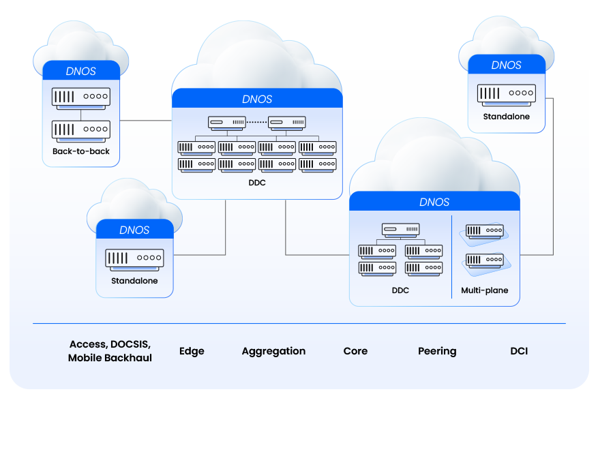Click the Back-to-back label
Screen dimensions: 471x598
(81, 151)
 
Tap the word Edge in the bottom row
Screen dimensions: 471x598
(192, 351)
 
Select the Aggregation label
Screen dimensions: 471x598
(273, 351)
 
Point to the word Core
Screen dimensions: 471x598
(355, 351)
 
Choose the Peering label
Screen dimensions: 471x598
(437, 351)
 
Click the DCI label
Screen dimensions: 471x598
(519, 351)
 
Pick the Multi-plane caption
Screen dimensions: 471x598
(485, 290)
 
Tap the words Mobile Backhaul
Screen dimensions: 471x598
(110, 358)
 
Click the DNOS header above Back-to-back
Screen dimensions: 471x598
(81, 71)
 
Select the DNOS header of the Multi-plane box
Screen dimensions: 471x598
(434, 202)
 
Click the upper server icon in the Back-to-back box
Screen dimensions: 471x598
(81, 97)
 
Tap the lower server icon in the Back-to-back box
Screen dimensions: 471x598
(81, 129)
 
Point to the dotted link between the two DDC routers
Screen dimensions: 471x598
(256, 123)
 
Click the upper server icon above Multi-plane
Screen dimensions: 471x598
(485, 232)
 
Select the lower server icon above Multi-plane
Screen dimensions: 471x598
(485, 260)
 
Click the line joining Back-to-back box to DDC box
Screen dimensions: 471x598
(145, 121)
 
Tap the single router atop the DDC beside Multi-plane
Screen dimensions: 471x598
(400, 230)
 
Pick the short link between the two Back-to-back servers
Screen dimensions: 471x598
(81, 113)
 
